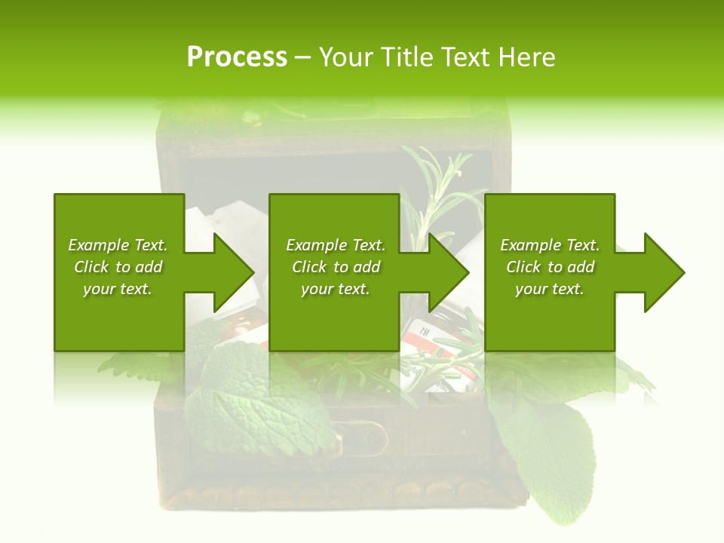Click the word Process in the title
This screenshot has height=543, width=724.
(237, 57)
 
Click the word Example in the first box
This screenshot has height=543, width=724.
(99, 245)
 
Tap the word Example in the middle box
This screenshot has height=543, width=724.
(317, 245)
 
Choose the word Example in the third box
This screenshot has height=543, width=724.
(531, 245)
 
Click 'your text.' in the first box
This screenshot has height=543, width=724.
(118, 289)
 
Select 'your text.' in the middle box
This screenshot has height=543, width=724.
(335, 289)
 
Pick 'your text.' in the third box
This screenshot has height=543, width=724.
(550, 289)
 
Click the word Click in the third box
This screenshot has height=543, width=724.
(523, 267)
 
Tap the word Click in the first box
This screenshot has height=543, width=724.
(91, 267)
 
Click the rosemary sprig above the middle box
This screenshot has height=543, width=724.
(437, 181)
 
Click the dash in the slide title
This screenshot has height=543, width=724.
(302, 57)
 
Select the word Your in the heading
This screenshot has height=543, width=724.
(346, 57)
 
